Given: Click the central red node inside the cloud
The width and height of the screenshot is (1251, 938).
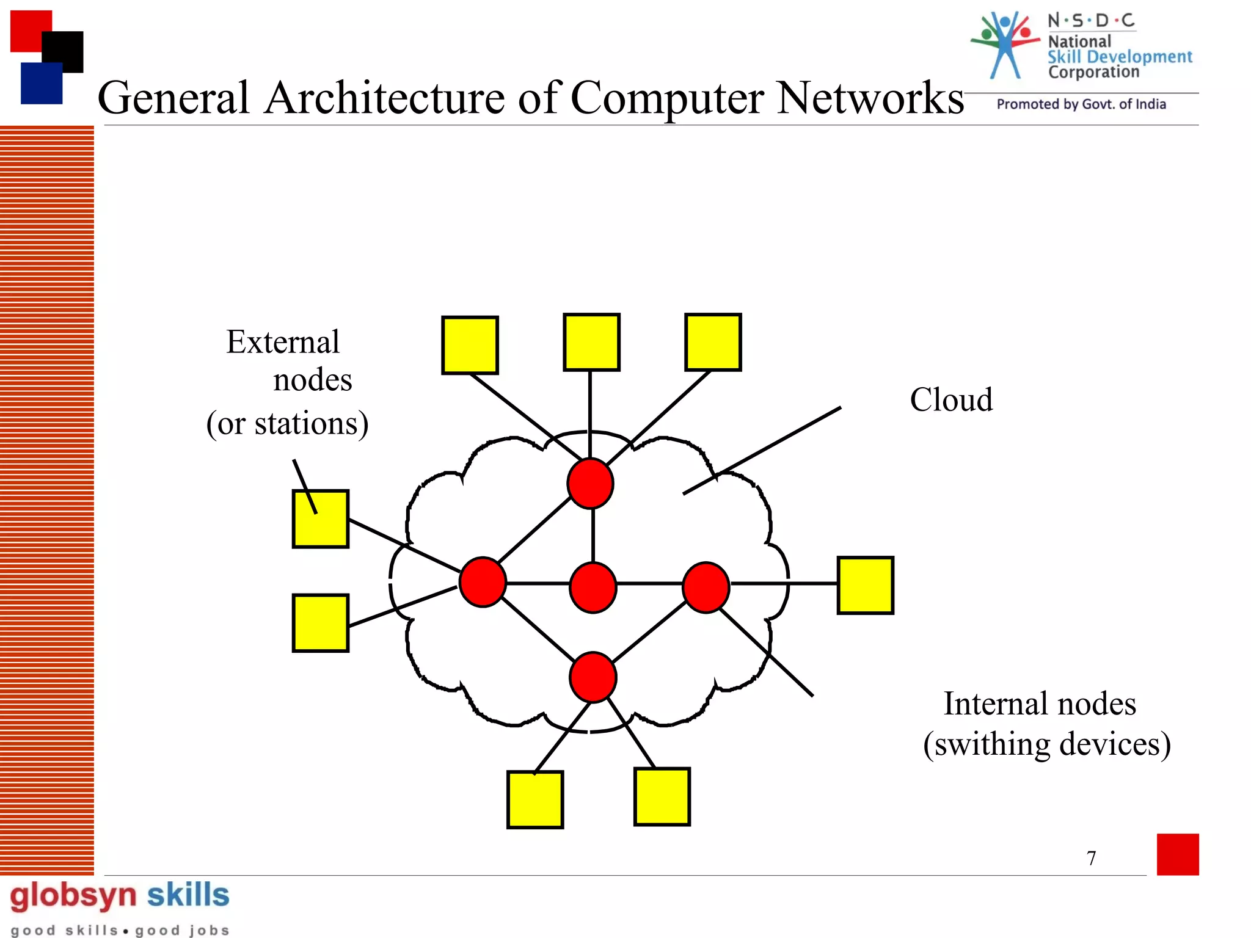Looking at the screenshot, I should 593,587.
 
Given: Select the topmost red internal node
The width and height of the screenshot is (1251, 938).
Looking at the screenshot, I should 590,484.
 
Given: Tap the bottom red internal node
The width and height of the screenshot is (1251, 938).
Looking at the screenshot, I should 593,677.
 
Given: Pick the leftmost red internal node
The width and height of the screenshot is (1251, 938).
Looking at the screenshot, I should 483,582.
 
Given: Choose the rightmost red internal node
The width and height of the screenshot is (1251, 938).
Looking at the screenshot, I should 706,587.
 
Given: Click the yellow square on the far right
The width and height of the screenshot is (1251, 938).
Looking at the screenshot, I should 865,585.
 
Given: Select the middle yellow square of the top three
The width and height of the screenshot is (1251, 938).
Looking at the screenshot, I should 591,343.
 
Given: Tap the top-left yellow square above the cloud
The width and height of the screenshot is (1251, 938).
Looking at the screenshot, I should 470,345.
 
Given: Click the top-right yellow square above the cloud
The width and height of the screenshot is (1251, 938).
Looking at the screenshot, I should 713,343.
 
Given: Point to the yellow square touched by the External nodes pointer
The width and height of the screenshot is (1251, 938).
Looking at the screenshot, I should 321,519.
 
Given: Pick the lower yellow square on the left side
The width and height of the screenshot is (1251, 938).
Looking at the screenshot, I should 321,623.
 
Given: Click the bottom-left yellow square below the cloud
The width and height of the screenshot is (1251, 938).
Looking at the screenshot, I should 535,799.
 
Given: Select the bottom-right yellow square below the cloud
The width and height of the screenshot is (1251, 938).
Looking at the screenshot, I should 662,797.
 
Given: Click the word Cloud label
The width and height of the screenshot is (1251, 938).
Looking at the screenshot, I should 951,401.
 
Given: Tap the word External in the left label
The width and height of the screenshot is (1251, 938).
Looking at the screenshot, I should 282,342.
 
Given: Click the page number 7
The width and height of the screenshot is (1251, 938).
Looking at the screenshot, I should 1092,858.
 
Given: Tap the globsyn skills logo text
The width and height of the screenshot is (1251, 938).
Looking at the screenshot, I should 119,896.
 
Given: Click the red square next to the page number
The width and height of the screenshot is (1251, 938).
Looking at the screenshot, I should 1177,854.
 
